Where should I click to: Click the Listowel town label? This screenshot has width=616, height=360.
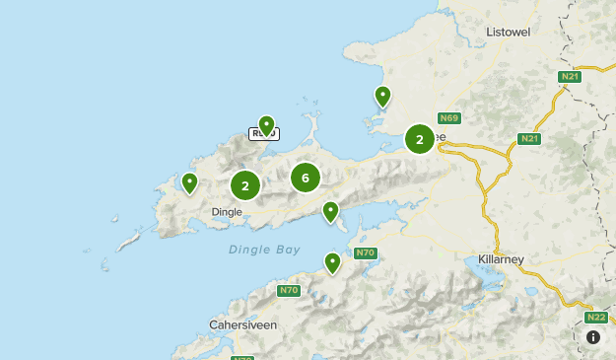(x=509, y=32)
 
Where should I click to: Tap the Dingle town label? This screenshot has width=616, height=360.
(x=227, y=211)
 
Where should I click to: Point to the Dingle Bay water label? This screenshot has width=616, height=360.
(x=264, y=250)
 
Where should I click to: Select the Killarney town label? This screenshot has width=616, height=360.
(x=501, y=258)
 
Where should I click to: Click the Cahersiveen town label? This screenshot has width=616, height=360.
(x=242, y=324)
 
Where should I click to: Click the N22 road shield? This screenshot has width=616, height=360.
(x=595, y=318)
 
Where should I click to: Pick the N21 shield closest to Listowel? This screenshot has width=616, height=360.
(x=569, y=77)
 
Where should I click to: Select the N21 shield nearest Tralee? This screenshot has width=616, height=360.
(x=529, y=139)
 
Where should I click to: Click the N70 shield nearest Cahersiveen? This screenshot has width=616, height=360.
(x=288, y=290)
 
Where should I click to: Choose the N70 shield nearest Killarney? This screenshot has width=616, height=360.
(x=366, y=253)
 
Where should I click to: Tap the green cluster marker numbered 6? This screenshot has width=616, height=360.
(x=306, y=178)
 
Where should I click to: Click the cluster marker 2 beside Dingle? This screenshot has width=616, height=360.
(x=245, y=184)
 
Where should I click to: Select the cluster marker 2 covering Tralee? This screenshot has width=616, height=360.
(x=420, y=139)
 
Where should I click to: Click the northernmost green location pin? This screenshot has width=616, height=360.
(x=382, y=96)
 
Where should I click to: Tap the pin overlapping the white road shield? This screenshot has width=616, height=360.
(x=265, y=125)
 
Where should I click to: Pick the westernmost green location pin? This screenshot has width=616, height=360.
(x=189, y=182)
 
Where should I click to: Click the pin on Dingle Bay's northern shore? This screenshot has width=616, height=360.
(x=330, y=210)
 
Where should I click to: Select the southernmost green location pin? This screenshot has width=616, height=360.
(x=333, y=262)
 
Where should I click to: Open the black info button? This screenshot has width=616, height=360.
(x=593, y=337)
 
